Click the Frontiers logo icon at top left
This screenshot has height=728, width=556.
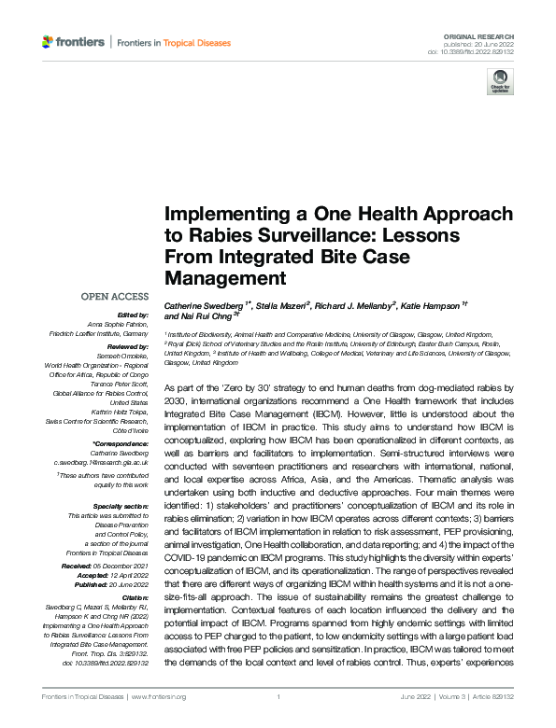tap(48, 42)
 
